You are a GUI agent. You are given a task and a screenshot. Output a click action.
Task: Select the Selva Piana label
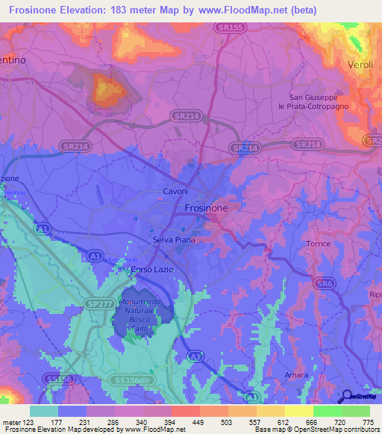(163, 240)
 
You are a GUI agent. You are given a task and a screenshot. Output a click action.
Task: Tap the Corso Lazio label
(151, 268)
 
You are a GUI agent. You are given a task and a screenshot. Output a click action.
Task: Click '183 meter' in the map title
(138, 10)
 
